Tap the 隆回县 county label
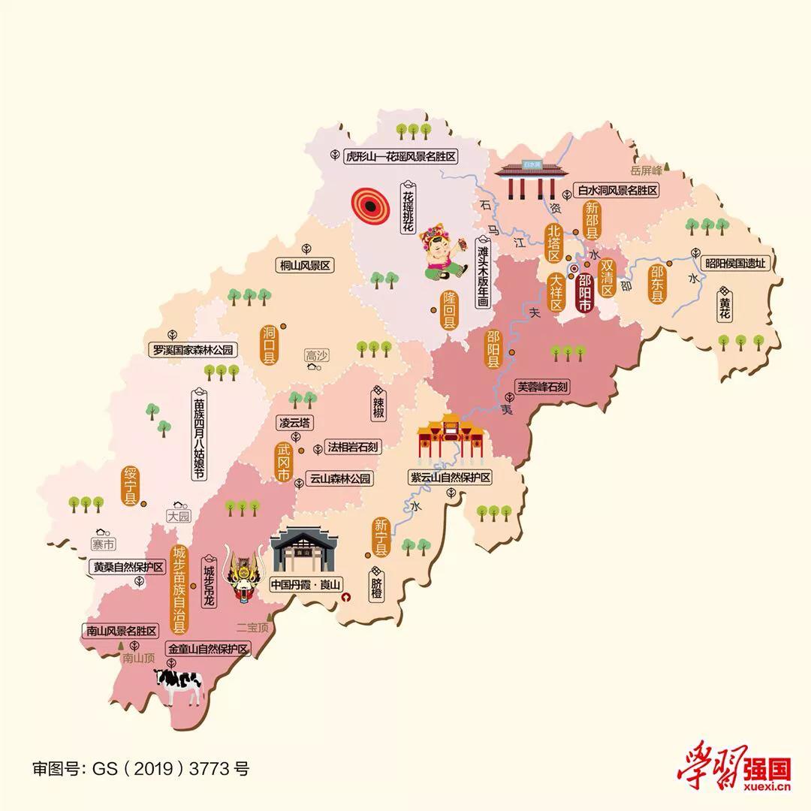449,311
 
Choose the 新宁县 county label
380,538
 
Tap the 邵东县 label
658,284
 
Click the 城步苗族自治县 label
179,589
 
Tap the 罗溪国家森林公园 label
194,350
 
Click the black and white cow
179,685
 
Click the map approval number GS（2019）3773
140,768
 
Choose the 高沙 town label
317,354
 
